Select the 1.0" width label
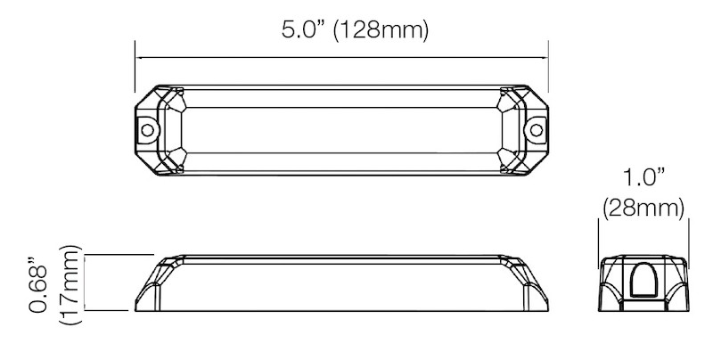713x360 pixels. (x=642, y=177)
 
